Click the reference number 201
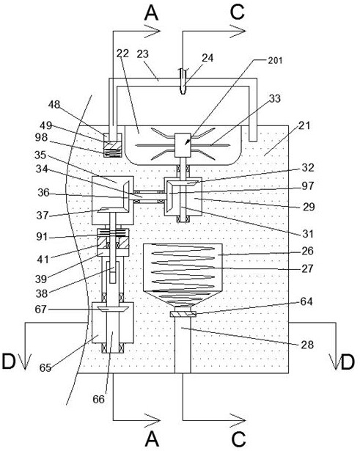click(x=275, y=60)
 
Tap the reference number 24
click(x=207, y=58)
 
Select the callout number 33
click(x=275, y=98)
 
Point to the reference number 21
click(x=304, y=125)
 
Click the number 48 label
click(x=54, y=105)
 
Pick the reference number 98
click(x=41, y=137)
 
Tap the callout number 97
click(x=308, y=186)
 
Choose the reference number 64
click(x=306, y=301)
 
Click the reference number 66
click(x=98, y=399)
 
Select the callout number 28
click(x=307, y=345)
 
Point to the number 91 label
click(x=42, y=237)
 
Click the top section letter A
click(x=152, y=13)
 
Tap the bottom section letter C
click(x=238, y=439)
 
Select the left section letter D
click(x=9, y=362)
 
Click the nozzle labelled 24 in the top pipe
click(x=183, y=81)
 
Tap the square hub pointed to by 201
click(x=183, y=145)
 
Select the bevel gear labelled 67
click(x=112, y=309)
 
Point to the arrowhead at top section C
click(x=238, y=31)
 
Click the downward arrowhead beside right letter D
click(x=336, y=362)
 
